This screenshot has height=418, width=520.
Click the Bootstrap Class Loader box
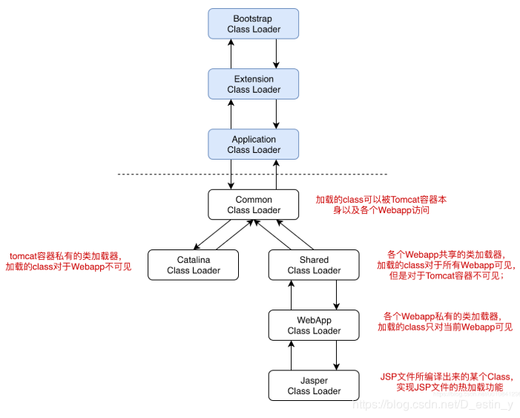point(254,24)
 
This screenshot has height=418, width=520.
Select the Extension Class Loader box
point(254,84)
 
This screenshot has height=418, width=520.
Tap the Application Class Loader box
point(254,145)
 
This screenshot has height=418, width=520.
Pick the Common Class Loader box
point(254,204)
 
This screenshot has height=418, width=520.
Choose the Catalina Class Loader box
point(193,265)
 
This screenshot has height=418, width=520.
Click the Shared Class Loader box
point(314,265)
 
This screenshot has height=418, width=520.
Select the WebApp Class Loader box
point(314,325)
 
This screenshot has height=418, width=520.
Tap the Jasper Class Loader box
point(314,385)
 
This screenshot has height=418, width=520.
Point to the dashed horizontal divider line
point(253,174)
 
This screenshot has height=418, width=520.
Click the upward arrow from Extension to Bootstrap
point(231,53)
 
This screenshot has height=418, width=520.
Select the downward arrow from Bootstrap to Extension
point(276,53)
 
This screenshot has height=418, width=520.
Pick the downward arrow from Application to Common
point(231,174)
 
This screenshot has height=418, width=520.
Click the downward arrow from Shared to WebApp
point(337,295)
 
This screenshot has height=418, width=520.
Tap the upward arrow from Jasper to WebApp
point(292,355)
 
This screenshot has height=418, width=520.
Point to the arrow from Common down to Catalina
point(212,235)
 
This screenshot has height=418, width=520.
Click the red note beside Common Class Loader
point(381,205)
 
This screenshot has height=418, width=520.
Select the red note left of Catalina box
point(68,261)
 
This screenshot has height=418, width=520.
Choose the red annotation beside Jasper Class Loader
point(447,382)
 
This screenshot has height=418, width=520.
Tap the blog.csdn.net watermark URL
point(433,405)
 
